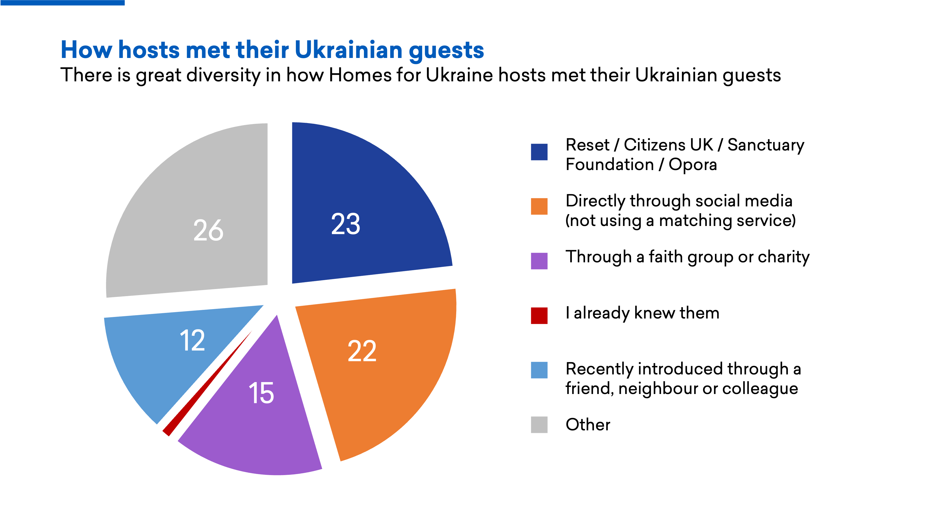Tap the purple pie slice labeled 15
coord(254,428)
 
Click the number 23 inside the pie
coord(346,224)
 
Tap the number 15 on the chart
coord(261,393)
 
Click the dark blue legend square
coord(539,152)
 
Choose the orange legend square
coord(539,206)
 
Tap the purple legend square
coord(539,261)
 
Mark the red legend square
coord(539,315)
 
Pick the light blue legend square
coord(539,370)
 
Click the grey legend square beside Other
coord(539,425)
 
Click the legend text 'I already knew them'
coord(642,313)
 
